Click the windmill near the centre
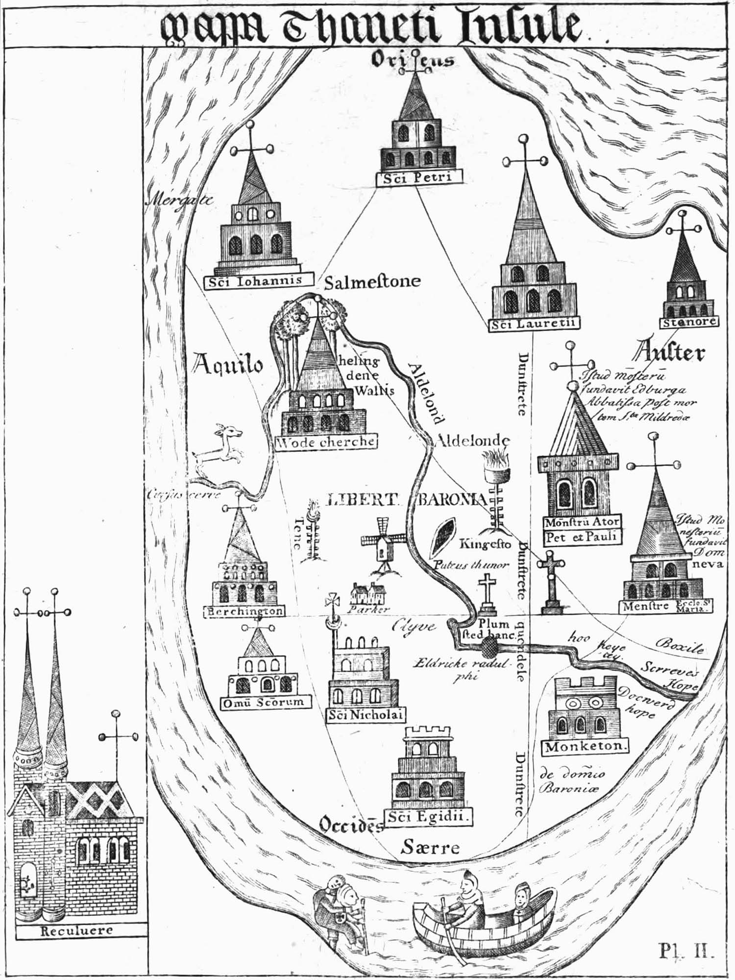click(383, 544)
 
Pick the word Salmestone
click(372, 282)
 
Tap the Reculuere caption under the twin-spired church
click(76, 930)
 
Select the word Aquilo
click(228, 365)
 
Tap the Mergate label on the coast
click(180, 199)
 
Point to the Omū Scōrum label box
click(265, 702)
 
